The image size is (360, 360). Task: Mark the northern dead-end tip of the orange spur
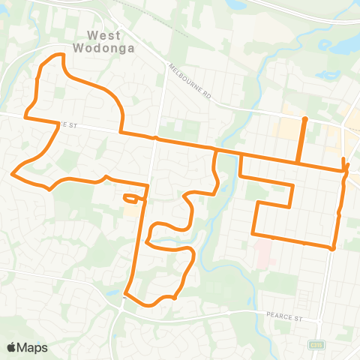coord(304,119)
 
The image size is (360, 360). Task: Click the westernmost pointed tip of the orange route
coord(12,173)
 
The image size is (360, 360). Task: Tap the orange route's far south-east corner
coord(332,248)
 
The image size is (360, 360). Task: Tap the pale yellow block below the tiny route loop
coord(132,212)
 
